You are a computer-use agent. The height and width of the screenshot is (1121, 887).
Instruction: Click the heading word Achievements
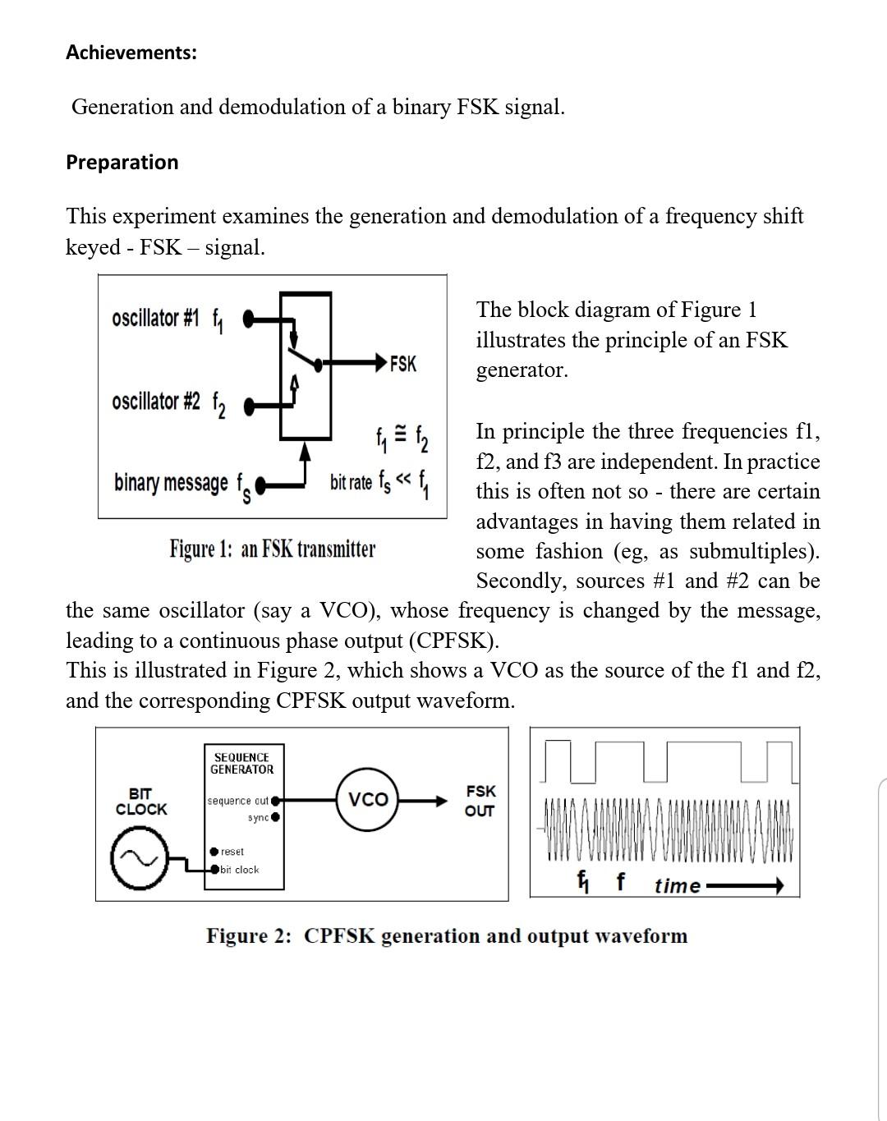[131, 53]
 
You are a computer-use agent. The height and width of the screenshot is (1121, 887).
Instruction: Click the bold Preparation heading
[122, 162]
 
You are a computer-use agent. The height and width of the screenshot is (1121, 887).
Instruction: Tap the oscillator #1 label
[156, 318]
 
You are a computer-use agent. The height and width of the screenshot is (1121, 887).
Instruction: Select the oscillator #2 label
[156, 402]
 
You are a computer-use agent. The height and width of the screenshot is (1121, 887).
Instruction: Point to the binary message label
[171, 483]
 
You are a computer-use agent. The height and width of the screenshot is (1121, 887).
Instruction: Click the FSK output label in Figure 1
[402, 363]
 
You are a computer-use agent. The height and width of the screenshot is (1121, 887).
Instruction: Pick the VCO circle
[368, 799]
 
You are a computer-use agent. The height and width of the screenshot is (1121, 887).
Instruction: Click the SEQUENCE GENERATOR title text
[241, 763]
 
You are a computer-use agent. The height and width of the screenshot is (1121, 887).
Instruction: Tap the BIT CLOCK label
[141, 802]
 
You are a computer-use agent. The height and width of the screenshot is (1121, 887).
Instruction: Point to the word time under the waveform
[678, 886]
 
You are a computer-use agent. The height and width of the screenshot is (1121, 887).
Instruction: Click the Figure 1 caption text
[272, 549]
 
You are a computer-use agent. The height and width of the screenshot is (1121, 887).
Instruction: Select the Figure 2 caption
[446, 936]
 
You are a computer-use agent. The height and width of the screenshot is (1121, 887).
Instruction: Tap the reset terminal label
[232, 852]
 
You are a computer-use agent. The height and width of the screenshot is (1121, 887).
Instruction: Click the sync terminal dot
[276, 817]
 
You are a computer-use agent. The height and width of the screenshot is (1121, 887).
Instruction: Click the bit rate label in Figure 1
[351, 482]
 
